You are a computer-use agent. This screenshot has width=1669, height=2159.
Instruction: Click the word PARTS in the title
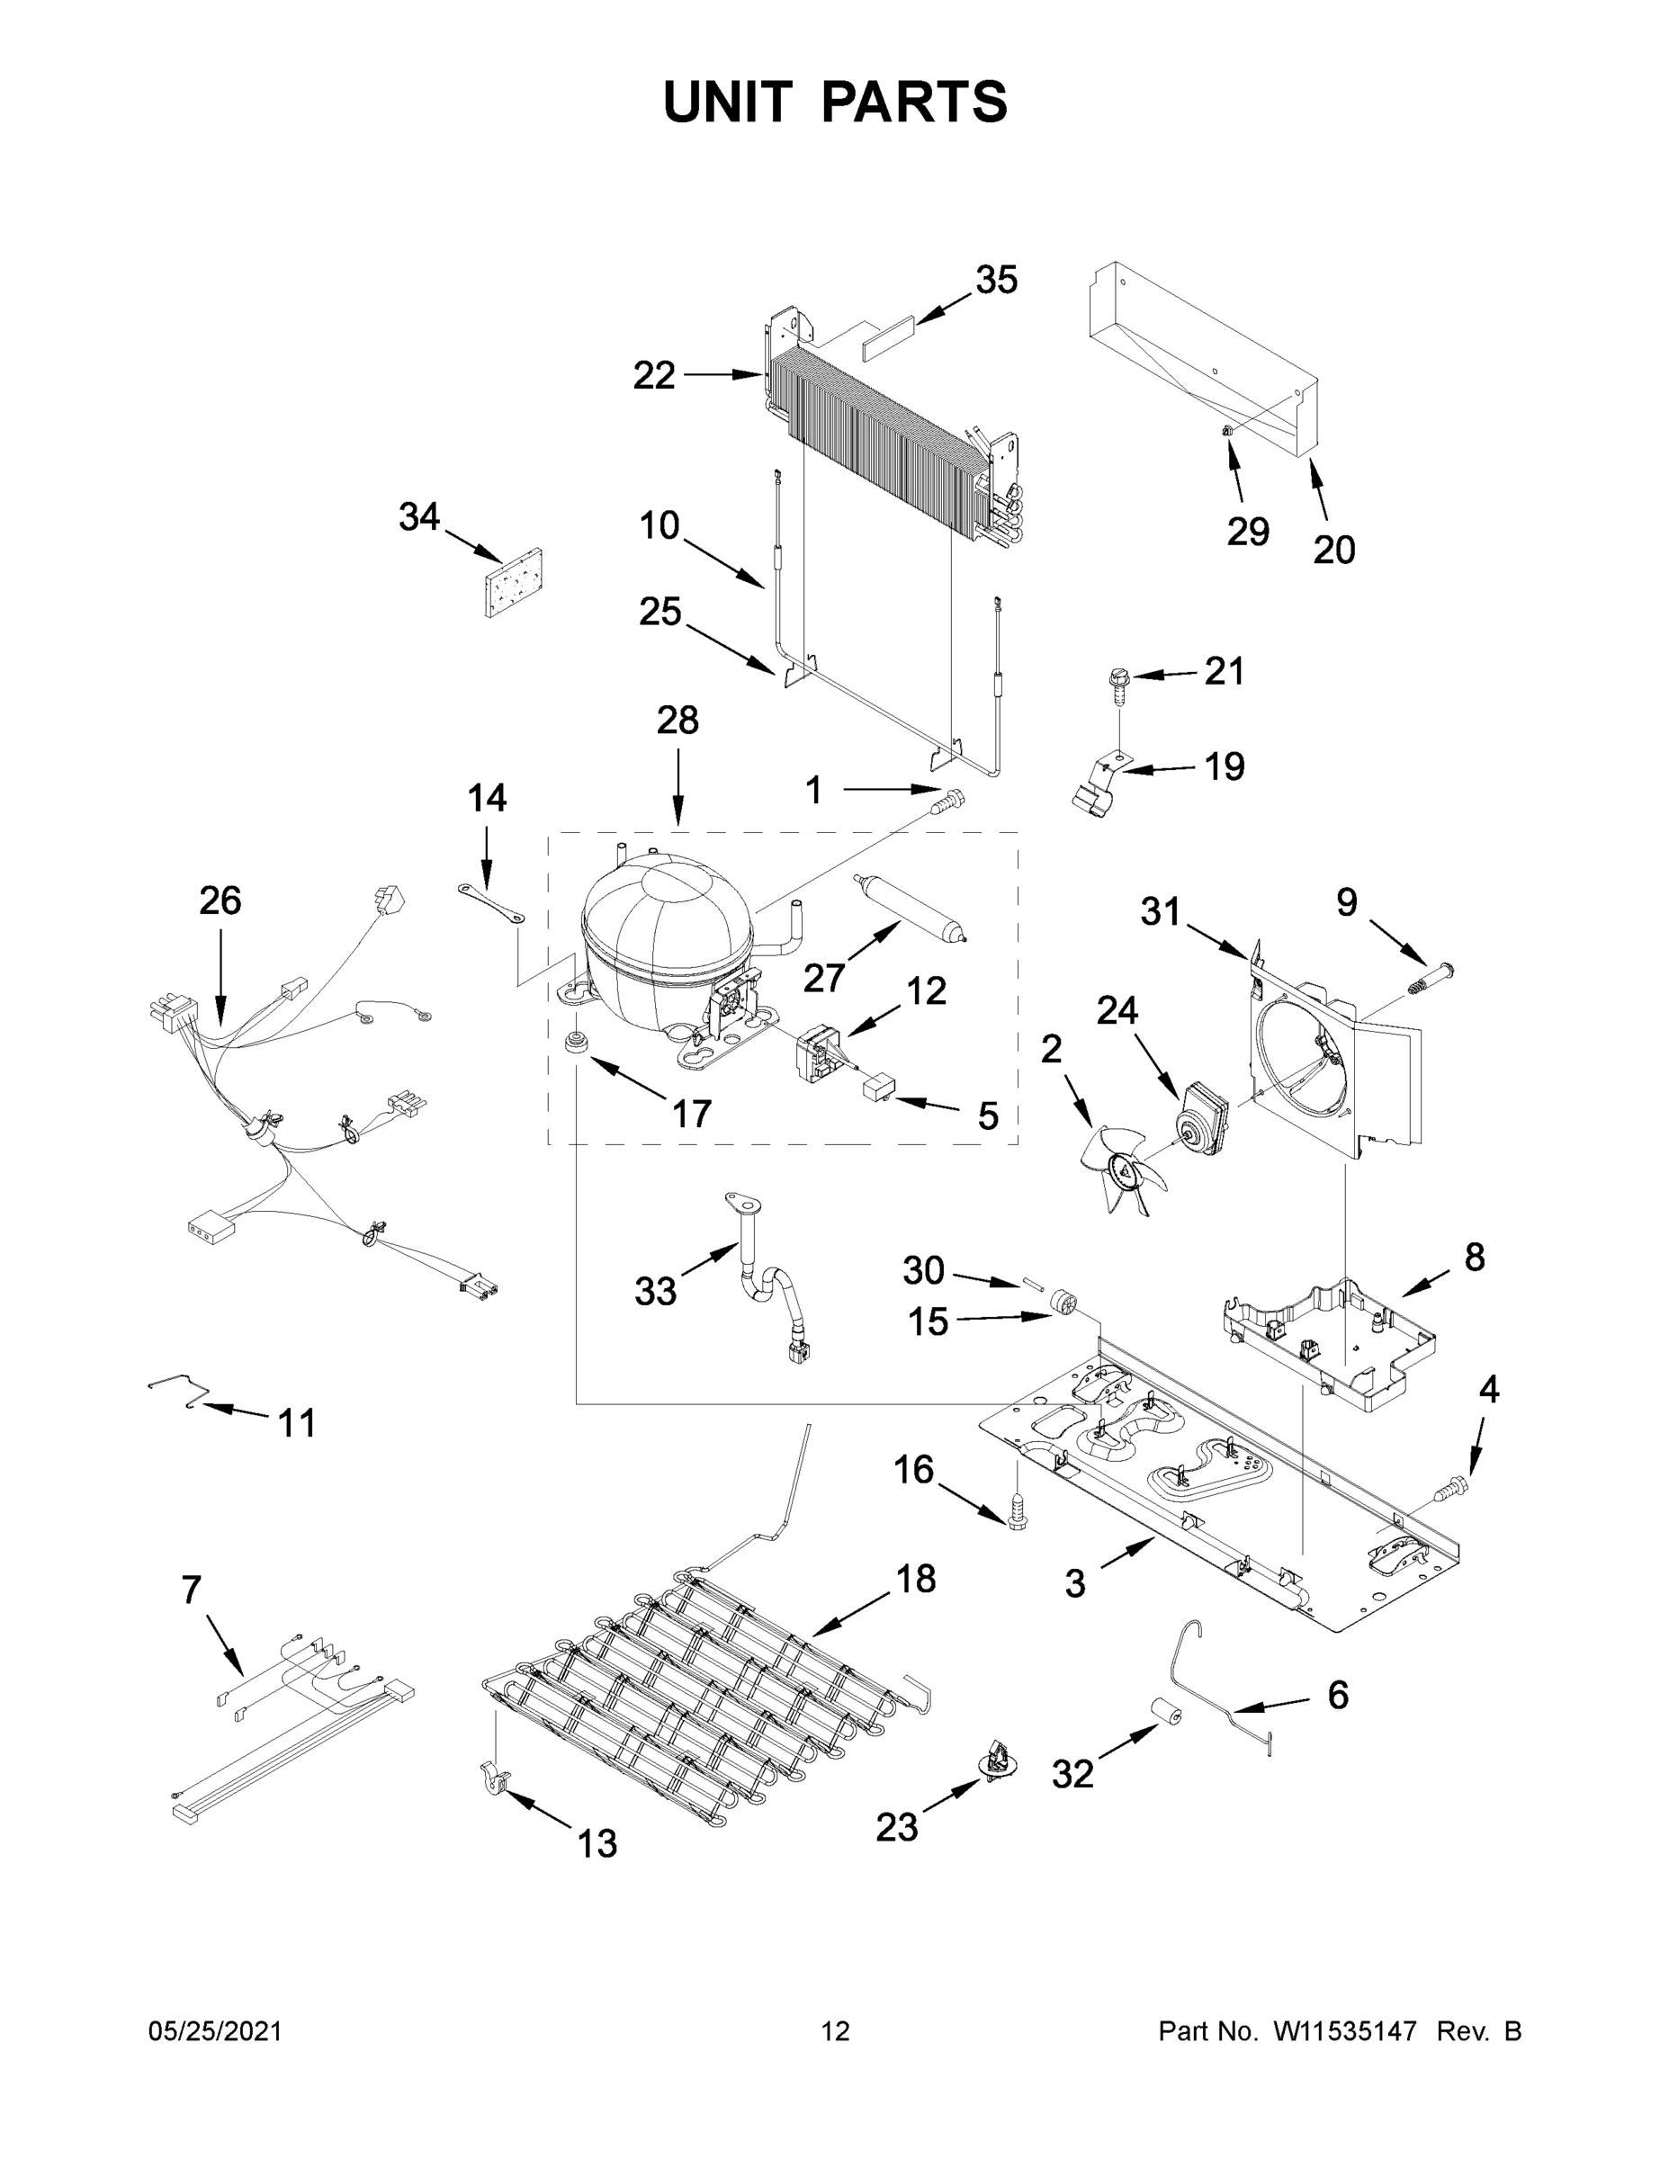(915, 102)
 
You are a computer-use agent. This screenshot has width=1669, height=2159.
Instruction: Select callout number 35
(996, 281)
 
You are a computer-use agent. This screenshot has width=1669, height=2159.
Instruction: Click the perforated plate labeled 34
(516, 583)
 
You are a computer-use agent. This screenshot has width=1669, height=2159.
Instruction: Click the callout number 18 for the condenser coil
(916, 1579)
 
